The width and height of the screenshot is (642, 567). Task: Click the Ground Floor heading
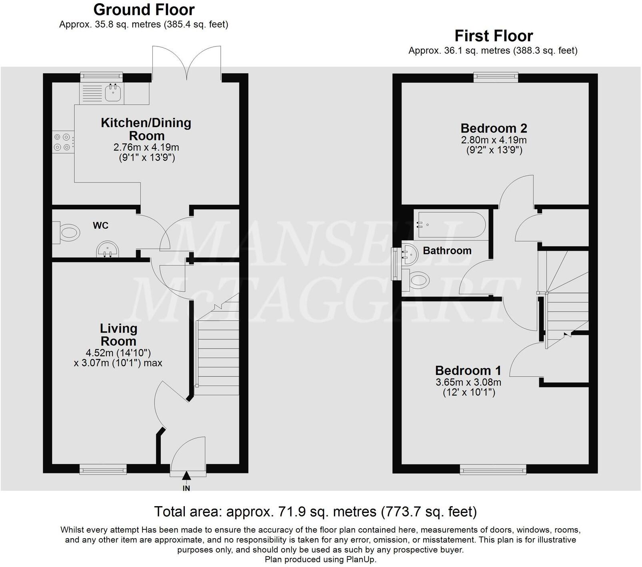pyautogui.click(x=144, y=9)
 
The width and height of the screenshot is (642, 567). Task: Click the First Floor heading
pyautogui.click(x=494, y=36)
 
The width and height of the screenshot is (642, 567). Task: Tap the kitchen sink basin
pyautogui.click(x=113, y=93)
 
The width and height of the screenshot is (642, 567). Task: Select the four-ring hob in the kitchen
pyautogui.click(x=63, y=142)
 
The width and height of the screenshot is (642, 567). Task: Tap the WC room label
pyautogui.click(x=100, y=226)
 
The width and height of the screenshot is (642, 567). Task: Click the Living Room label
pyautogui.click(x=118, y=335)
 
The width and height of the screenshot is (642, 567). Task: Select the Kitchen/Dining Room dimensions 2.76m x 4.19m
pyautogui.click(x=146, y=147)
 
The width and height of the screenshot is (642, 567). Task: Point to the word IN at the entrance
pyautogui.click(x=186, y=488)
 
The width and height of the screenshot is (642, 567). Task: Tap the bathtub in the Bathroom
pyautogui.click(x=451, y=226)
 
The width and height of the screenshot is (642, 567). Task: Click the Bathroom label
pyautogui.click(x=447, y=251)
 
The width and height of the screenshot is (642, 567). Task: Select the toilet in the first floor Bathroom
pyautogui.click(x=417, y=278)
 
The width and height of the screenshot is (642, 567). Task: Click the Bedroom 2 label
pyautogui.click(x=494, y=128)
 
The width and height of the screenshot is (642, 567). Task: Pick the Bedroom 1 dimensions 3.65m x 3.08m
pyautogui.click(x=468, y=382)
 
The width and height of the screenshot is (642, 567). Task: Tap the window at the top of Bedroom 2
pyautogui.click(x=496, y=77)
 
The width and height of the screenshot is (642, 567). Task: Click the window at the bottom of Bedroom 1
pyautogui.click(x=493, y=469)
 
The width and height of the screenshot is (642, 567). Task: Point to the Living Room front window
pyautogui.click(x=103, y=469)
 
